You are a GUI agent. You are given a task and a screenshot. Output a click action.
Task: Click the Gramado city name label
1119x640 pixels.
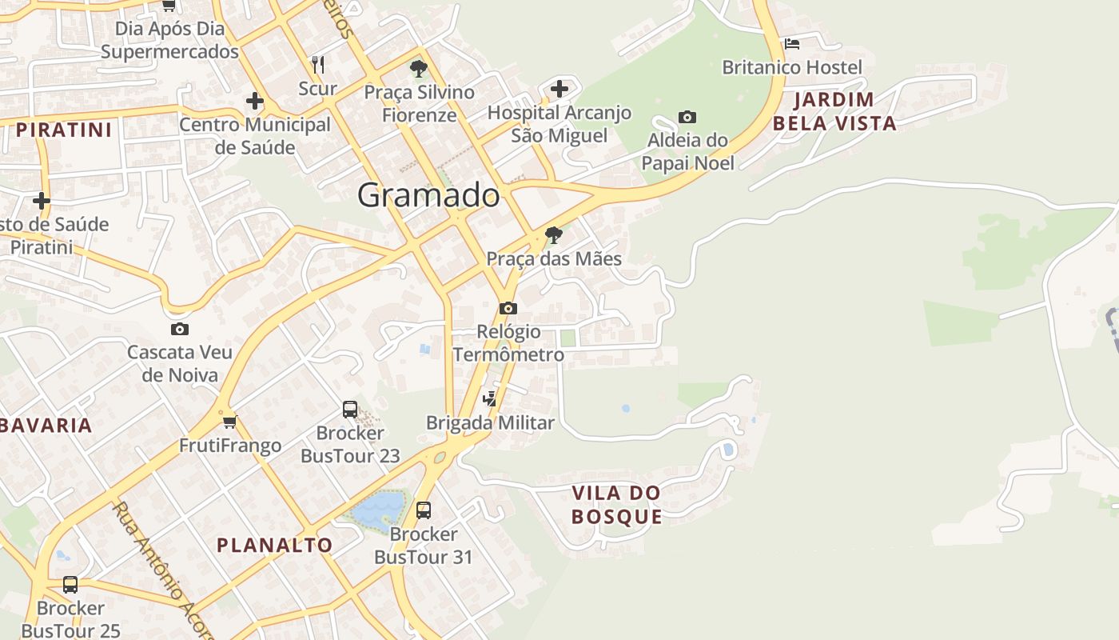pos(428,195)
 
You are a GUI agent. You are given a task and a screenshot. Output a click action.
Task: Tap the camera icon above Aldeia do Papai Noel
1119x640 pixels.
pos(687,118)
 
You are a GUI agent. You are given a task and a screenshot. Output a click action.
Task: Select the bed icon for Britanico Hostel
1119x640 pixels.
pos(792,44)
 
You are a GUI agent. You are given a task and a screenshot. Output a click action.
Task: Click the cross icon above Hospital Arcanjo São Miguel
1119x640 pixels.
pos(559,88)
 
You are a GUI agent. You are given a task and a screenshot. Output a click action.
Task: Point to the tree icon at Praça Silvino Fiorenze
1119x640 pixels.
pos(418,69)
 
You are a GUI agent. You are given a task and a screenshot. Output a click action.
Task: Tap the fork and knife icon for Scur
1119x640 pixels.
pos(318,65)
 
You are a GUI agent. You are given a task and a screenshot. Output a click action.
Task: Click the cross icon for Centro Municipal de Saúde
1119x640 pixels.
pos(255,101)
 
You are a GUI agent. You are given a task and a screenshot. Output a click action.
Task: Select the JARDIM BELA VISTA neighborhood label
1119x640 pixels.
pos(834,112)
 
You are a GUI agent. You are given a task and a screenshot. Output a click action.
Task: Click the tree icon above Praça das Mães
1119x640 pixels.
pos(553,235)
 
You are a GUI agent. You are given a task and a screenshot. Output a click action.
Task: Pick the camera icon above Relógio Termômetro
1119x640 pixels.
pos(508,308)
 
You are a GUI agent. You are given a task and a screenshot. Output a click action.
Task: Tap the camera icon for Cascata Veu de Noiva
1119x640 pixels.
pos(180,329)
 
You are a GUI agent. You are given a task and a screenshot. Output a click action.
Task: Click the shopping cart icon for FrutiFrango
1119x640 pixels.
pos(230,422)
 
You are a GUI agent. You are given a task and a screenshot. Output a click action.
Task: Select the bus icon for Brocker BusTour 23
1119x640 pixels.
pos(350,410)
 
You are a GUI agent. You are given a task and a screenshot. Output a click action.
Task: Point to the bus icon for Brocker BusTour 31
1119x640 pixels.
pos(424,510)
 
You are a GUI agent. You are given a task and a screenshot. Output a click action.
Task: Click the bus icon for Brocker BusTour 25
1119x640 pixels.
pos(70,585)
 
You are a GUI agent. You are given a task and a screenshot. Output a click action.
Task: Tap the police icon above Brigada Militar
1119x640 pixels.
pos(490,398)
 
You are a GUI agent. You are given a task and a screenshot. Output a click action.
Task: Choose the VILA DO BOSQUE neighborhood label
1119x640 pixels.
pos(617,504)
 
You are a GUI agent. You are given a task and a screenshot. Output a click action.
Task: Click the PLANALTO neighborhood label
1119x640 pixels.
pos(275,546)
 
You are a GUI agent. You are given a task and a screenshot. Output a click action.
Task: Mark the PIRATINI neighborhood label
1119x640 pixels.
pos(64,130)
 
